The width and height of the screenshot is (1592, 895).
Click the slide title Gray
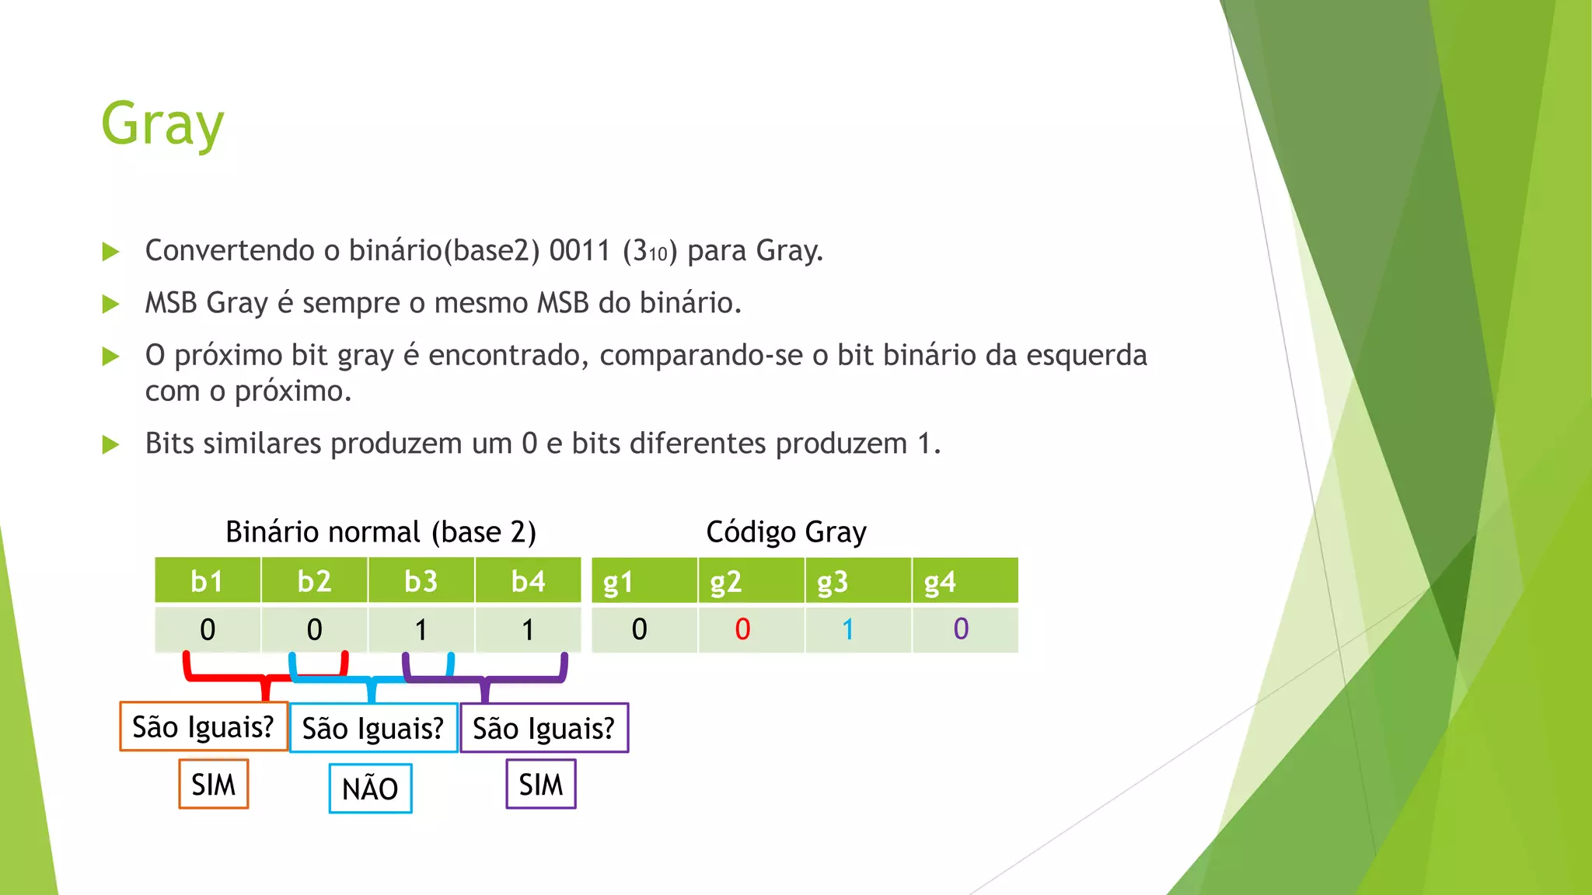162,124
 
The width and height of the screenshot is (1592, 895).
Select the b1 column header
207,581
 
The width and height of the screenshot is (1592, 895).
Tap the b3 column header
421,581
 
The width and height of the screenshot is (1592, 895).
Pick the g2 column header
725,582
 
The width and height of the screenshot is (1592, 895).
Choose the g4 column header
940,582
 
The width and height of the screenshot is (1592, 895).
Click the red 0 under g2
742,629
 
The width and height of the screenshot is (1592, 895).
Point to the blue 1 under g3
848,629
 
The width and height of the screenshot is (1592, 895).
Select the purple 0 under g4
961,629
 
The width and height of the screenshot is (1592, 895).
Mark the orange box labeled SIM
214,784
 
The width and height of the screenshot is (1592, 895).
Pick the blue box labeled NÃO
370,789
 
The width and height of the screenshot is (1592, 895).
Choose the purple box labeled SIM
541,784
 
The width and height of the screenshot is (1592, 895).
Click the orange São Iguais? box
204,727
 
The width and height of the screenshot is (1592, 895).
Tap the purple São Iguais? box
544,728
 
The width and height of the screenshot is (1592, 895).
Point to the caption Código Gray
786,532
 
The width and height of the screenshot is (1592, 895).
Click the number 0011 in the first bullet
580,251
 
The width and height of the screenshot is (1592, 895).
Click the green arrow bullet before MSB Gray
111,304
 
